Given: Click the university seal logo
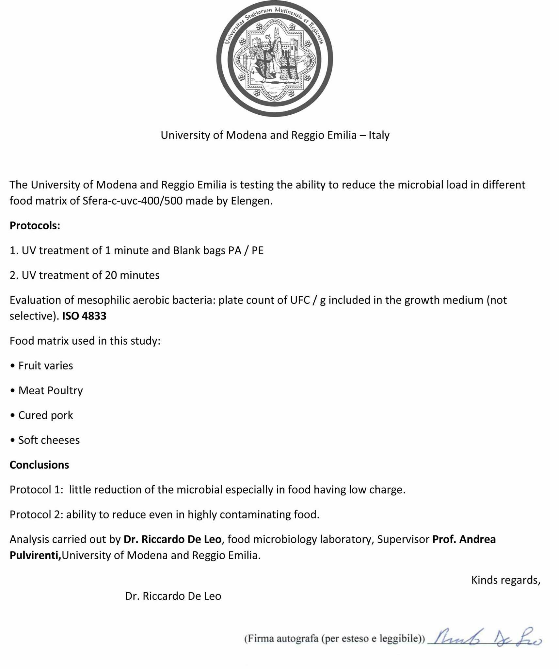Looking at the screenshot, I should point(274,59).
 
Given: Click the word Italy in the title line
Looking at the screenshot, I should point(379,135).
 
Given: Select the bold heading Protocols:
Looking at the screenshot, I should point(35,226).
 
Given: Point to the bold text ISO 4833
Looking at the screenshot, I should point(84,316).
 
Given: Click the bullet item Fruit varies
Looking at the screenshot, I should point(45,366).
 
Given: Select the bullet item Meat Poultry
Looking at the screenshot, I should point(50,390).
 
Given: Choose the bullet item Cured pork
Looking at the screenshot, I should point(45,415).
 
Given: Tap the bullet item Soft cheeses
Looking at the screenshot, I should point(49,440).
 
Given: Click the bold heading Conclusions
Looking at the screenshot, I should point(39,465).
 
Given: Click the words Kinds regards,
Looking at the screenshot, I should point(505,580).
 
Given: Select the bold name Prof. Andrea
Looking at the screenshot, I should point(464,539).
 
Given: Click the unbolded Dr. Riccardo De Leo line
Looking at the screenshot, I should point(173,596).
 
